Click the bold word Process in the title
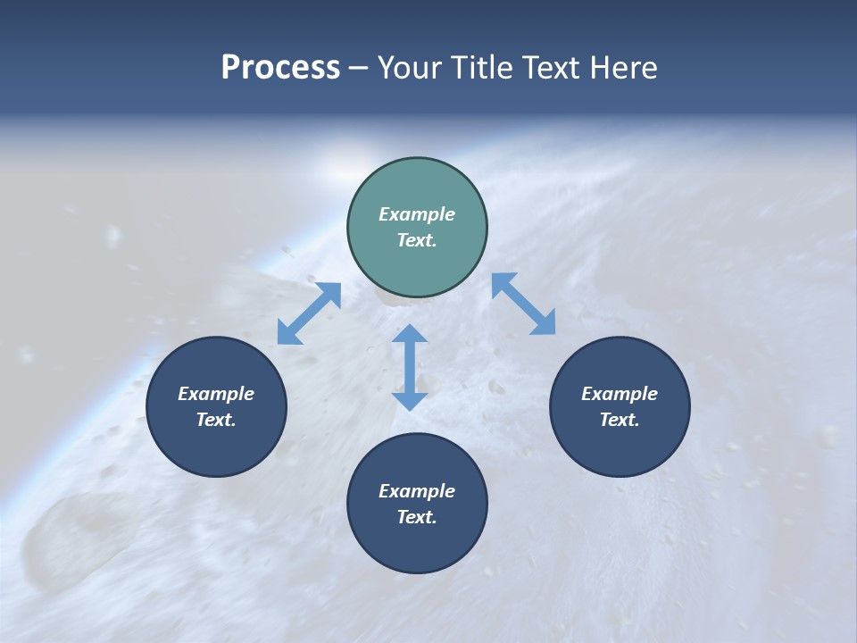[280, 68]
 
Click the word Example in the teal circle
[417, 214]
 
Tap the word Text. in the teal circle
[417, 240]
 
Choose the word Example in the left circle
[216, 394]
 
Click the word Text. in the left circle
[216, 420]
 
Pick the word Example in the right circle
[620, 394]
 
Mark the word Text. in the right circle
[620, 420]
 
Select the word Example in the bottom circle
[417, 491]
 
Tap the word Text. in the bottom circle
[417, 517]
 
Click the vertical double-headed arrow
[410, 367]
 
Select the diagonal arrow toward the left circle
[309, 313]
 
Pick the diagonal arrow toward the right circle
[524, 304]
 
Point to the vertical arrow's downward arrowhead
[410, 399]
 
